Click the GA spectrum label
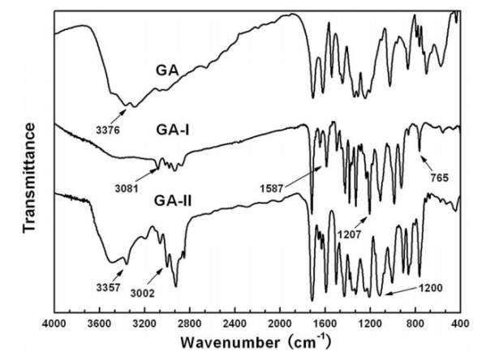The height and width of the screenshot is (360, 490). (x=167, y=69)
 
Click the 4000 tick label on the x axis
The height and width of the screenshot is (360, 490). (x=54, y=324)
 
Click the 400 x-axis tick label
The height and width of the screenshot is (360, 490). (x=459, y=324)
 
